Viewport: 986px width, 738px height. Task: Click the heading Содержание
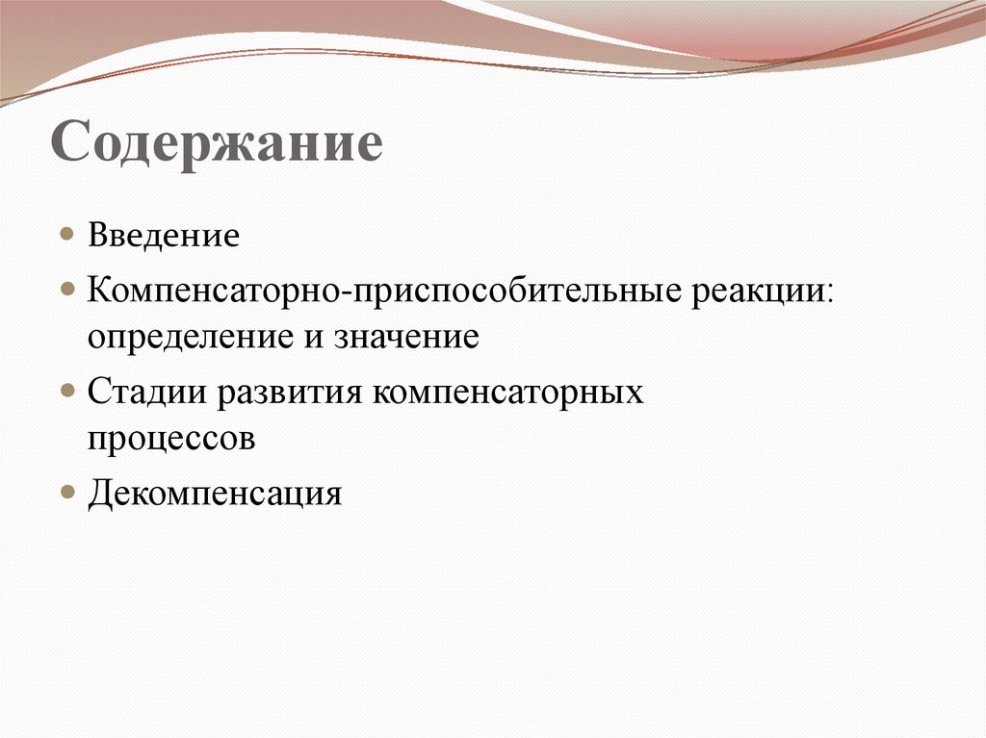[218, 144]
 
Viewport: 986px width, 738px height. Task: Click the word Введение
[164, 236]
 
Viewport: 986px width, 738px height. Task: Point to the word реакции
[757, 290]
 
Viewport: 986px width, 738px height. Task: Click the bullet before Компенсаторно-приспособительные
[66, 289]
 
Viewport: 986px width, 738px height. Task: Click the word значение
[407, 338]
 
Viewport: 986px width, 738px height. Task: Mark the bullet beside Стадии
[66, 391]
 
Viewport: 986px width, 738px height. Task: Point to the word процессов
[172, 439]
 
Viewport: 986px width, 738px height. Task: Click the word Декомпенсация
[216, 493]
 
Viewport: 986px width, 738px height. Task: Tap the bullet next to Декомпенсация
[66, 492]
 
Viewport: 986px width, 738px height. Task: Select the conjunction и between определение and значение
[319, 339]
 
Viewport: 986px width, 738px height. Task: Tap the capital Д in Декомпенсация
[100, 493]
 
